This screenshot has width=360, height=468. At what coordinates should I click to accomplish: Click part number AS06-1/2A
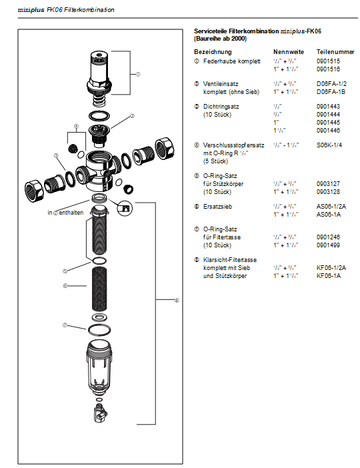pyautogui.click(x=331, y=207)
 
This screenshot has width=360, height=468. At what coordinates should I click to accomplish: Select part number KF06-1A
pyautogui.click(x=329, y=275)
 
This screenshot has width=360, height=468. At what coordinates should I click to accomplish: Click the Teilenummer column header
pyautogui.click(x=335, y=51)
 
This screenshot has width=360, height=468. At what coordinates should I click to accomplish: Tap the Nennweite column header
pyautogui.click(x=289, y=51)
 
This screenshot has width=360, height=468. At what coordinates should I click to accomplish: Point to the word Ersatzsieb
pyautogui.click(x=216, y=207)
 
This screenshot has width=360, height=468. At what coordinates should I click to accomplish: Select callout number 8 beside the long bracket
pyautogui.click(x=176, y=301)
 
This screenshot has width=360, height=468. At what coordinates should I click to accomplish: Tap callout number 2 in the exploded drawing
pyautogui.click(x=132, y=116)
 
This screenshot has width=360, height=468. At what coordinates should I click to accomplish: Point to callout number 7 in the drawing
pyautogui.click(x=65, y=326)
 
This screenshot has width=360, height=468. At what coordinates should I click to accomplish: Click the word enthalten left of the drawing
pyautogui.click(x=75, y=213)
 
